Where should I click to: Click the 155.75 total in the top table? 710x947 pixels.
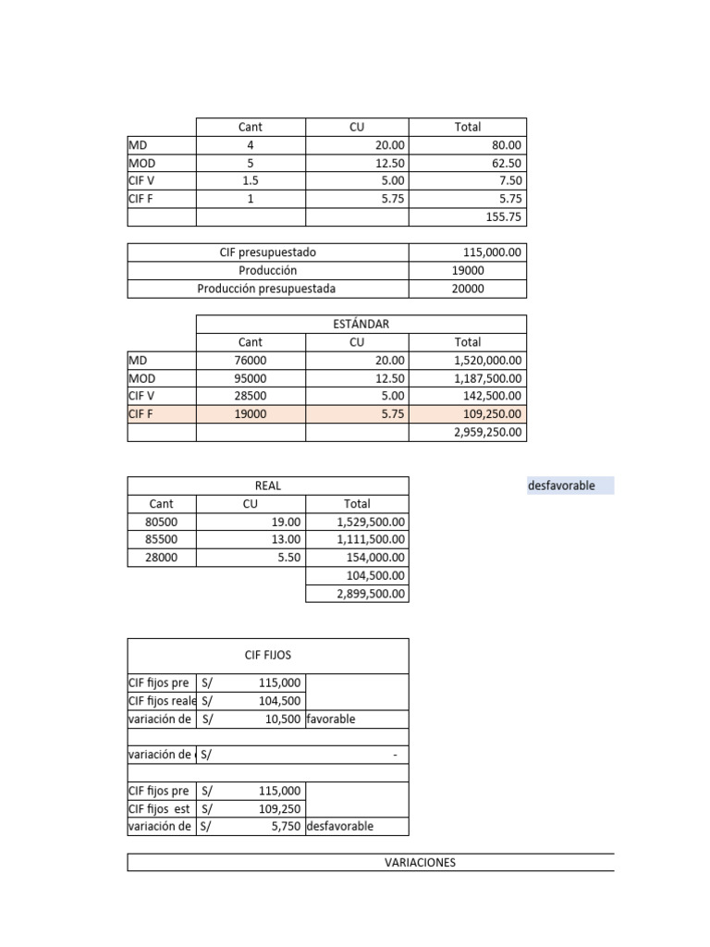pyautogui.click(x=503, y=216)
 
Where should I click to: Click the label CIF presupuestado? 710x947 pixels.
pyautogui.click(x=268, y=252)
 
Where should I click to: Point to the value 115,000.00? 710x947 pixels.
pyautogui.click(x=492, y=252)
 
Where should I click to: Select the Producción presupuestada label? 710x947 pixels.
pyautogui.click(x=266, y=289)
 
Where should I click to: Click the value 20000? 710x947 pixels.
pyautogui.click(x=467, y=289)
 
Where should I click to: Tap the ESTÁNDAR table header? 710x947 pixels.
pyautogui.click(x=361, y=325)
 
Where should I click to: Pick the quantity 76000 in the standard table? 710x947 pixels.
pyautogui.click(x=250, y=361)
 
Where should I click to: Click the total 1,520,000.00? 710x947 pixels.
pyautogui.click(x=488, y=361)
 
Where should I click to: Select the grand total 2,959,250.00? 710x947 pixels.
pyautogui.click(x=488, y=432)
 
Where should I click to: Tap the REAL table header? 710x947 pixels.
pyautogui.click(x=267, y=486)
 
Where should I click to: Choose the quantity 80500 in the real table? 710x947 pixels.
pyautogui.click(x=161, y=523)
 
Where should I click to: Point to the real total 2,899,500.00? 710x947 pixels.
pyautogui.click(x=370, y=594)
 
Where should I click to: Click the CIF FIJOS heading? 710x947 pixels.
pyautogui.click(x=267, y=655)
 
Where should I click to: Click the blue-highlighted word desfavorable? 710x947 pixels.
pyautogui.click(x=561, y=486)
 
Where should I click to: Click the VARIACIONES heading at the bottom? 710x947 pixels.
pyautogui.click(x=420, y=863)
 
